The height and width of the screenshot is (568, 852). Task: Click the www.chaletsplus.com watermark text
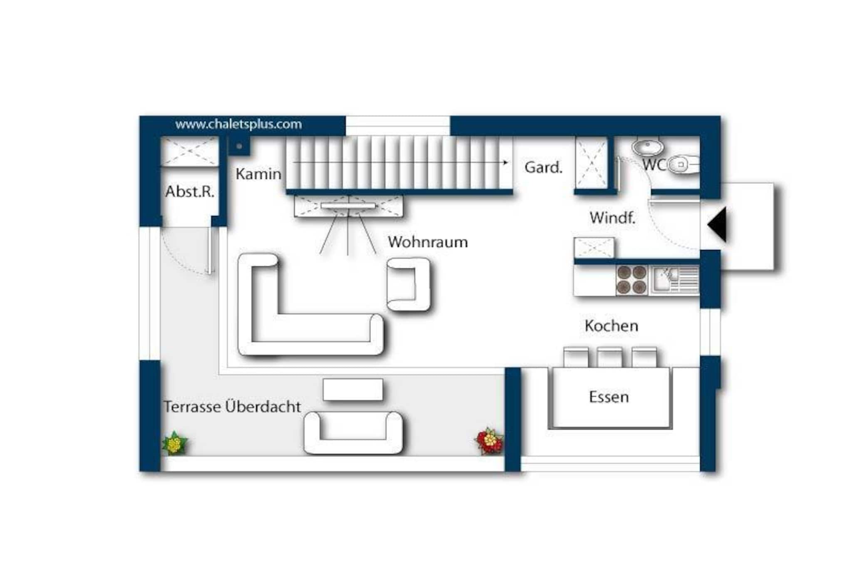click(238, 124)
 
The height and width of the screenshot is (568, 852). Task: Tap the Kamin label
click(258, 174)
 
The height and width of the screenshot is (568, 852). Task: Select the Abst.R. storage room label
click(190, 191)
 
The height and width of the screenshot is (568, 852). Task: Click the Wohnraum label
click(428, 242)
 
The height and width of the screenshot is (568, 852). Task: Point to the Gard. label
click(543, 167)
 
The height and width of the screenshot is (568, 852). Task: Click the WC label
click(654, 165)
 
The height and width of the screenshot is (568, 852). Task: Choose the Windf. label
click(612, 218)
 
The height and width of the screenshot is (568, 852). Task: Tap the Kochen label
click(611, 326)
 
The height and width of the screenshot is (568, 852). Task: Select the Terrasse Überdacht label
click(232, 407)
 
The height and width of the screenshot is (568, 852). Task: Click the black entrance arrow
click(717, 224)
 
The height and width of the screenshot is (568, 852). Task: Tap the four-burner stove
click(632, 280)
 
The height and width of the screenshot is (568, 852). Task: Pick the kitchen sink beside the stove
click(674, 280)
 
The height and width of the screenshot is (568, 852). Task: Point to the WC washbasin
click(647, 146)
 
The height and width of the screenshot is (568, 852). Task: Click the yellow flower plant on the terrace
click(175, 443)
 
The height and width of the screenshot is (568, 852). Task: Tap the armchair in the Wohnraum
click(409, 284)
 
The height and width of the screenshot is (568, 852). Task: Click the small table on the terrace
click(353, 390)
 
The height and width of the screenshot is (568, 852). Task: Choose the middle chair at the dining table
click(609, 357)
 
